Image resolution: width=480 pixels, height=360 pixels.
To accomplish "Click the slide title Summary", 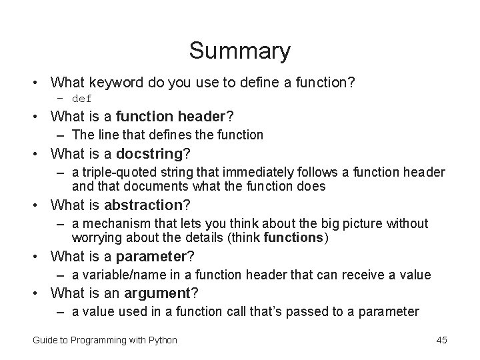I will coord(239,51).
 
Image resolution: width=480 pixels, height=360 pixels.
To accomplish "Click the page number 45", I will coord(441,340).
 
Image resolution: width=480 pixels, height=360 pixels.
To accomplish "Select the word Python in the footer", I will coord(162,340).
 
